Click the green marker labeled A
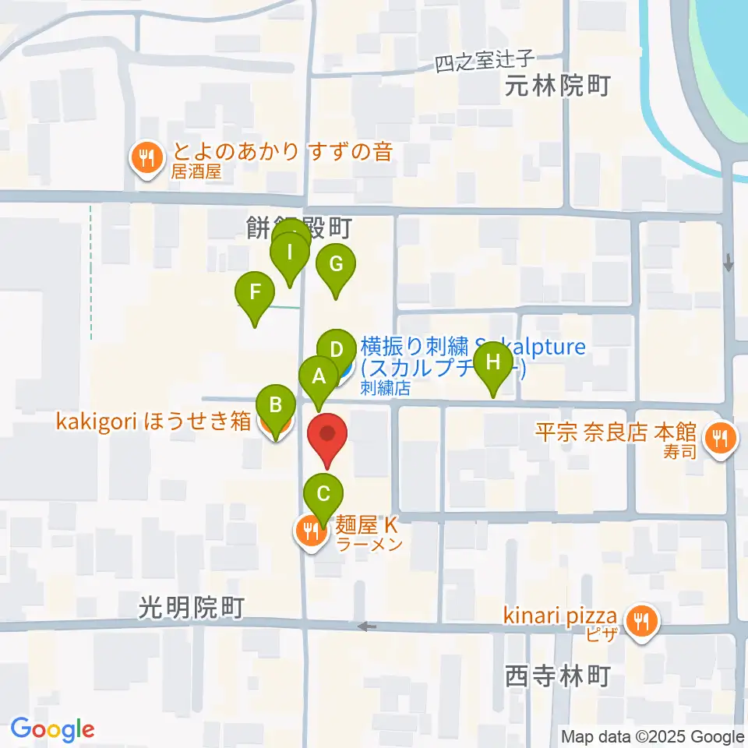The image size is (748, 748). coord(318,378)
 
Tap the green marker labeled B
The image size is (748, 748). coord(275,405)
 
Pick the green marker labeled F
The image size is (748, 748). coord(255,294)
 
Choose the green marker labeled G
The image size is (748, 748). coord(336,265)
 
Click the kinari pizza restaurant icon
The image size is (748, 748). coord(641,621)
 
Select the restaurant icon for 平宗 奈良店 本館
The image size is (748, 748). coord(718,438)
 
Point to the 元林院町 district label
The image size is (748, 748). coord(556,86)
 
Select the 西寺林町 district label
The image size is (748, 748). coord(556,675)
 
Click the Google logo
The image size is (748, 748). coord(52,729)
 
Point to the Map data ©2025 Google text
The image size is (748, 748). coord(653,736)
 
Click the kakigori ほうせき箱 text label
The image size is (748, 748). coord(153,422)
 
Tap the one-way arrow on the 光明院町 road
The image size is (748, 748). coord(364,626)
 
